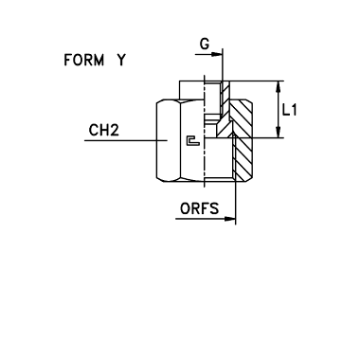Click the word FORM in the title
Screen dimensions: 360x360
pos(83,60)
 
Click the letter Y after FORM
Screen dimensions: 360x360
pos(121,60)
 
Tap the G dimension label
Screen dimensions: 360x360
pos(205,44)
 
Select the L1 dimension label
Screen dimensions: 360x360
pos(290,110)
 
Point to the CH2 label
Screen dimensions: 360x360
pos(104,130)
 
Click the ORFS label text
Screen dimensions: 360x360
pos(199,208)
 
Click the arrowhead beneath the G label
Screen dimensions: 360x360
pos(217,54)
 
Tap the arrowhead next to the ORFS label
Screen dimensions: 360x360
pos(229,219)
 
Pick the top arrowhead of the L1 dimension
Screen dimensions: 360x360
pos(279,87)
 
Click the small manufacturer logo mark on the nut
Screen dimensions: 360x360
pos(193,141)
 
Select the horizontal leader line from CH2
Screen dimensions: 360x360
pos(126,140)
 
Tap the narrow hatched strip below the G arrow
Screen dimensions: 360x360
pos(225,99)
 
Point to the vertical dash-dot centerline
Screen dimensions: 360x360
pos(205,131)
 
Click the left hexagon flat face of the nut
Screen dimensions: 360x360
pos(169,140)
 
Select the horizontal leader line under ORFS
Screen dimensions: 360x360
pos(206,219)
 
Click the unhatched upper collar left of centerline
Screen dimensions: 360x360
pos(192,90)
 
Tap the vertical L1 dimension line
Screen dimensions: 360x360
pos(279,110)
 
